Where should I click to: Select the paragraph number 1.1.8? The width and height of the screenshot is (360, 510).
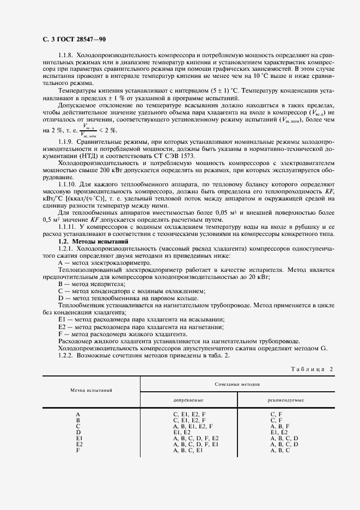66,56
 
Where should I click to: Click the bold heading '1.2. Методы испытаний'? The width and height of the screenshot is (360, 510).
93,241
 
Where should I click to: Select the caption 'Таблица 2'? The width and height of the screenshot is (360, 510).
307,369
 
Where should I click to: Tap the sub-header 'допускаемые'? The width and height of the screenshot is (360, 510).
188,400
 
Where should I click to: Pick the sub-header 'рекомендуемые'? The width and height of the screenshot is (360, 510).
285,400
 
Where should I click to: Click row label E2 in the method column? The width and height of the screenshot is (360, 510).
79,444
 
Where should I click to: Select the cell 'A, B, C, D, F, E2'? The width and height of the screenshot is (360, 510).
196,438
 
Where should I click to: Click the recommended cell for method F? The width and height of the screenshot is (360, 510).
280,450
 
